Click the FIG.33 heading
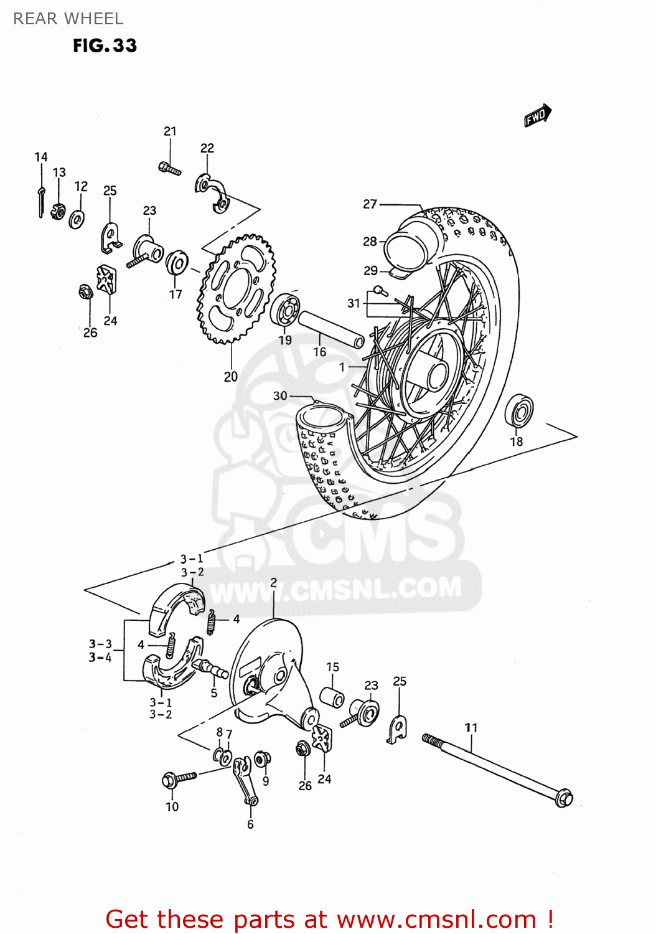(105, 45)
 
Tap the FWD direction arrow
(537, 116)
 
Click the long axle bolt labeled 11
(498, 770)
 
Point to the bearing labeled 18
(518, 411)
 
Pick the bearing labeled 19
(285, 309)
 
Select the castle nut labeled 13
(58, 210)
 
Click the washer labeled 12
(77, 219)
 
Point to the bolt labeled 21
(169, 167)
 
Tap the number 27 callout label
(370, 204)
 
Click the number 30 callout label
(280, 396)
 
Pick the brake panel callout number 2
(273, 583)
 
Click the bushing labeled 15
(332, 697)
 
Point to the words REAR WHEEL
(68, 19)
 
